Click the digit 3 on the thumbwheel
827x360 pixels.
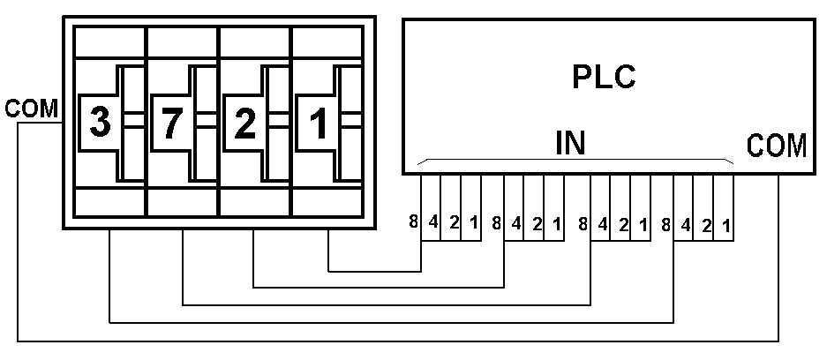click(100, 123)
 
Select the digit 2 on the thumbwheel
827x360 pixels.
click(244, 123)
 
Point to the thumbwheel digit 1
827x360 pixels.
click(317, 123)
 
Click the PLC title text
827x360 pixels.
click(605, 78)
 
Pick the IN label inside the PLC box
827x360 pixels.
click(571, 143)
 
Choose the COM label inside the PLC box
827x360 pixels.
click(776, 146)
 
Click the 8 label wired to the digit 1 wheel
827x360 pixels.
click(413, 222)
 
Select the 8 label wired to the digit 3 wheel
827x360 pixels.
click(665, 222)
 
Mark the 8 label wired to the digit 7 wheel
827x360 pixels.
click(582, 222)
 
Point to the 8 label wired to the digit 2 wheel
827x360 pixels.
click(497, 222)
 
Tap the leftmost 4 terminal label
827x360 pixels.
click(433, 222)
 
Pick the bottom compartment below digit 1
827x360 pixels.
click(327, 202)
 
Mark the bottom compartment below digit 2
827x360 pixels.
click(254, 202)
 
